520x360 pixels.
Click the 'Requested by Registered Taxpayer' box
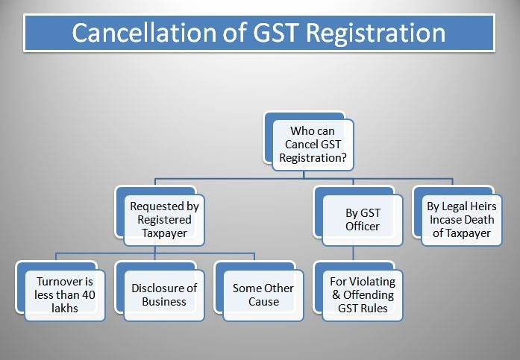click(x=165, y=220)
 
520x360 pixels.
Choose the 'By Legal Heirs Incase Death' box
click(x=460, y=220)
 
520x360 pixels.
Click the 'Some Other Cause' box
click(x=263, y=295)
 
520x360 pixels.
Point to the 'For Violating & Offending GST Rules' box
click(x=362, y=295)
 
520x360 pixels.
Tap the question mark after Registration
click(x=345, y=157)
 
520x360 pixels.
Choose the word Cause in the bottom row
click(x=263, y=302)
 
